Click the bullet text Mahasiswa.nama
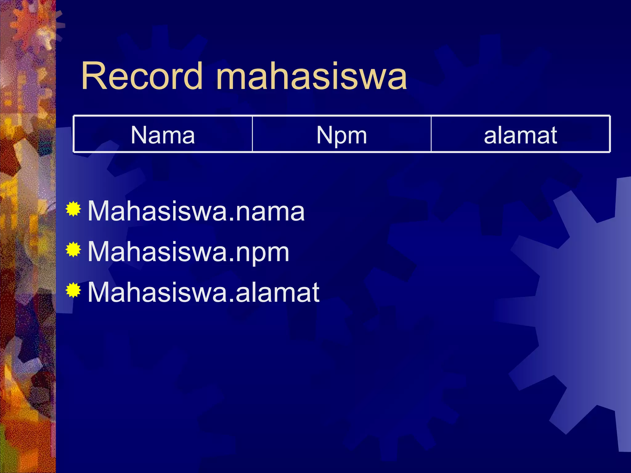tap(196, 211)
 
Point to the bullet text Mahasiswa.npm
tap(188, 252)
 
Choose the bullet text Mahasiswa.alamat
tap(203, 293)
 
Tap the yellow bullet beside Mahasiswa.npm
tap(73, 250)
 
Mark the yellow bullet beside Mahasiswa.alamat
tap(73, 290)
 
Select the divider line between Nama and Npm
tap(252, 134)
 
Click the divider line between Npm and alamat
tap(431, 134)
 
